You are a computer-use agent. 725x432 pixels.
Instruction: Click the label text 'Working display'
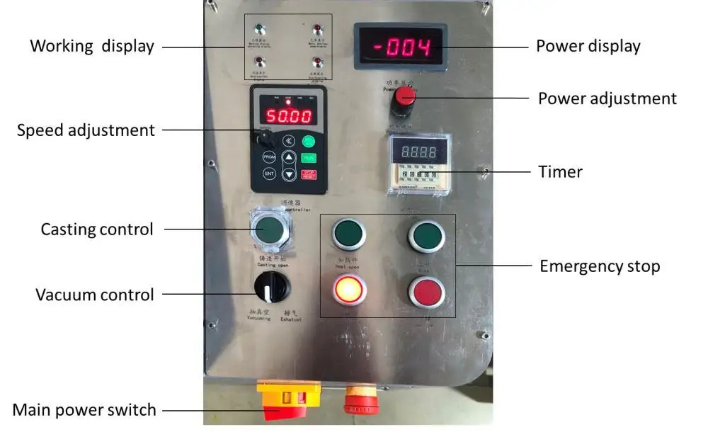92,47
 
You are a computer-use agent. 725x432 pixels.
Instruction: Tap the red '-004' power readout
401,48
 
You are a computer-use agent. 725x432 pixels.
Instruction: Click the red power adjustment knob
404,97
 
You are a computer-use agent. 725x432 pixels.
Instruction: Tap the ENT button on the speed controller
269,173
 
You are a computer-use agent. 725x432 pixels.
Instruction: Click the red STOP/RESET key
309,174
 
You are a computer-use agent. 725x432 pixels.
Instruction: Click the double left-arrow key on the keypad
288,140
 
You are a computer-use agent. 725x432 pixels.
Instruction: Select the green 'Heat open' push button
349,234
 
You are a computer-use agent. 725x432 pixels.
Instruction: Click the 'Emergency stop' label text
600,266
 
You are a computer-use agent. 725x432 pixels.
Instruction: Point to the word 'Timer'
560,171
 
